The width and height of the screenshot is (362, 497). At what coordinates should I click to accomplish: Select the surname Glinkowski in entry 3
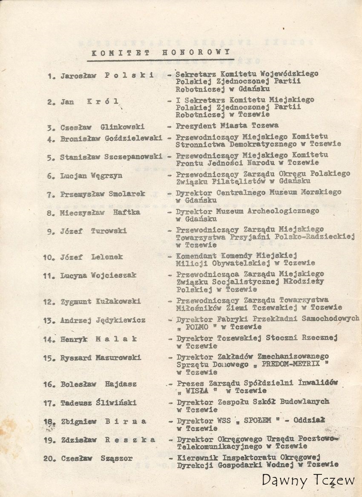tap(123, 127)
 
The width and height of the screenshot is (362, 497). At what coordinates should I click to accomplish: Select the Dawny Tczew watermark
tap(308, 480)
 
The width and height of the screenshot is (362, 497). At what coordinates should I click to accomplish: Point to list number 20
tap(49, 459)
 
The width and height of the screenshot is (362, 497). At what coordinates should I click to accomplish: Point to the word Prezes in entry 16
tap(188, 384)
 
